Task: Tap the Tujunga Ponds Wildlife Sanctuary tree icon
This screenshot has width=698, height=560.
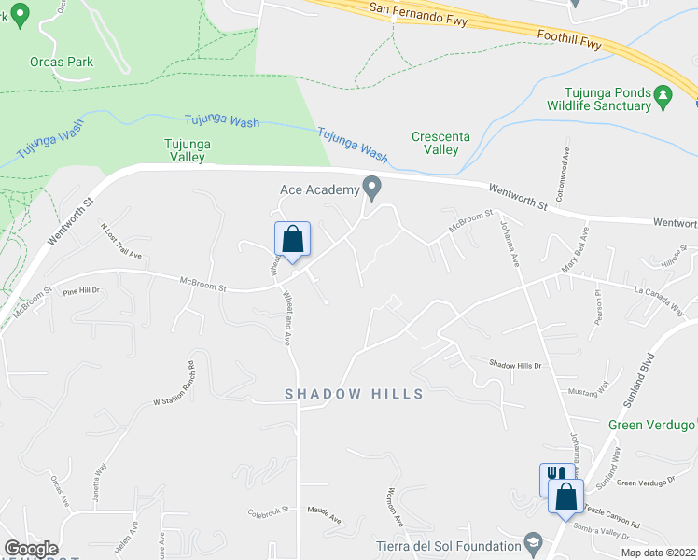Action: [x=663, y=95]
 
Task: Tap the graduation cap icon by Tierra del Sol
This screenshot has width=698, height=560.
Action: [x=534, y=542]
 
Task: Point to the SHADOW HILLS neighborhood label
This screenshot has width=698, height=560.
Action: [x=354, y=394]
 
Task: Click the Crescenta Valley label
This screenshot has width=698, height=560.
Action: [x=435, y=143]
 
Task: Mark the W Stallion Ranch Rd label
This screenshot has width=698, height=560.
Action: [x=173, y=384]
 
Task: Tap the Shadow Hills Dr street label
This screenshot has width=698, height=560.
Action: [x=515, y=365]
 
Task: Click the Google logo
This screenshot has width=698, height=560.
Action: [x=31, y=549]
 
